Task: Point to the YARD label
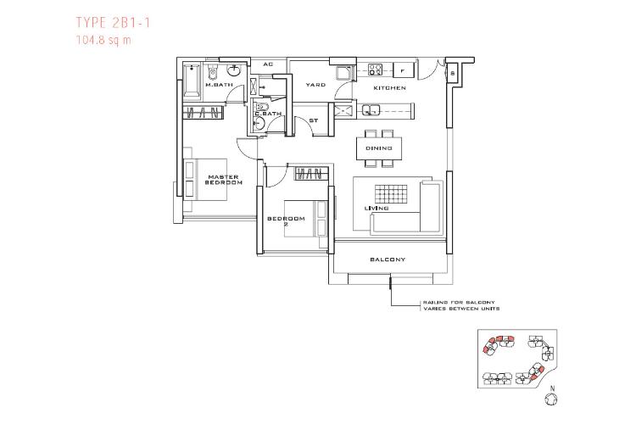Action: point(315,85)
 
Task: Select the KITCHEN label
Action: point(390,87)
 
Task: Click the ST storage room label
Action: point(313,120)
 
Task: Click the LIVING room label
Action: point(377,208)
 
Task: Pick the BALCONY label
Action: point(388,259)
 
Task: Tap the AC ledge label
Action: point(268,64)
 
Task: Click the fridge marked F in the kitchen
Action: point(402,70)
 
